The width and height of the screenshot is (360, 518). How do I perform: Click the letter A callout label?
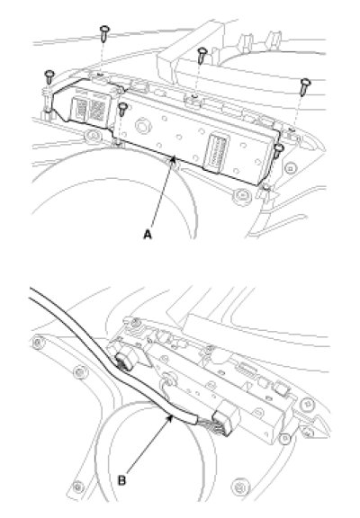click(148, 235)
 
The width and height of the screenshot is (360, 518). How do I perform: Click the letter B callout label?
click(122, 480)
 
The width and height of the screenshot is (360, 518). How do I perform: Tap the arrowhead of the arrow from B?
click(171, 418)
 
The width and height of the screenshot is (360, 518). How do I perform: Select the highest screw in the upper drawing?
click(104, 33)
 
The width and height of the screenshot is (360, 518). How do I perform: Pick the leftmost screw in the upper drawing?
click(49, 77)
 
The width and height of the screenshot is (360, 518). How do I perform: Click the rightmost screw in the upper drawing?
click(305, 86)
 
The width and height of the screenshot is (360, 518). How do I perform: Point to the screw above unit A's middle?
click(202, 55)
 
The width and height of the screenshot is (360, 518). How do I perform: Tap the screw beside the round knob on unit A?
click(122, 110)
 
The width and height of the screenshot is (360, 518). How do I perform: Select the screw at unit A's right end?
click(278, 150)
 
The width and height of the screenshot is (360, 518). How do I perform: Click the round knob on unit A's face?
click(142, 126)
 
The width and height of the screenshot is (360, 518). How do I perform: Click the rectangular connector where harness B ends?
click(227, 417)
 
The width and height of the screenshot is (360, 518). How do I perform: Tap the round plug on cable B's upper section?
click(126, 362)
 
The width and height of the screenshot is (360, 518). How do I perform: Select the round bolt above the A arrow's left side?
click(94, 136)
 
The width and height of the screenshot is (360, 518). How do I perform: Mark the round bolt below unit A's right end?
click(242, 195)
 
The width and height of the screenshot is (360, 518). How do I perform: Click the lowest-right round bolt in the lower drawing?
click(241, 486)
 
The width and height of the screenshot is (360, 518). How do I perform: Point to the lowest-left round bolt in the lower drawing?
click(77, 487)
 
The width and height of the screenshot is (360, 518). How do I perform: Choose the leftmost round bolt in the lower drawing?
click(39, 343)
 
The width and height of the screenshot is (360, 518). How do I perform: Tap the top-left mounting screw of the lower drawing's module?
click(135, 323)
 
